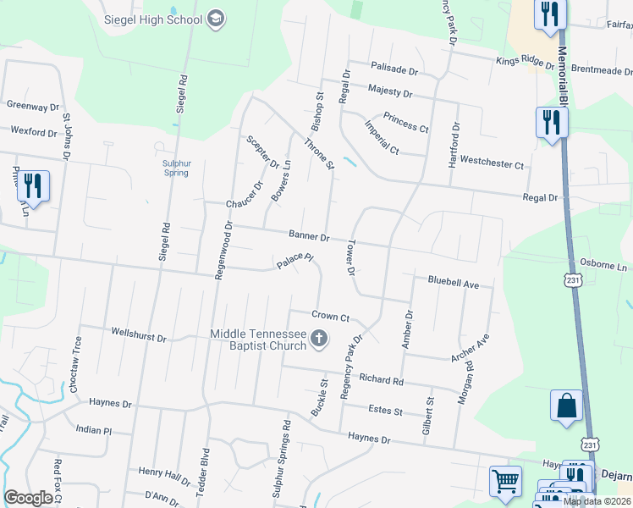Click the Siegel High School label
[x=152, y=19]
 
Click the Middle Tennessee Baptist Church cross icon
[x=320, y=340]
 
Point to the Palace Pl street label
[x=295, y=262]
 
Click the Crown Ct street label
[x=330, y=316]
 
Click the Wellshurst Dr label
[x=139, y=337]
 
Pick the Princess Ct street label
[x=405, y=122]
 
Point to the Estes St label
[x=385, y=411]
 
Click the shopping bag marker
[x=566, y=406]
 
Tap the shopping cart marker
[x=505, y=482]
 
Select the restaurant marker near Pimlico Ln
[x=33, y=187]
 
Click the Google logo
[x=28, y=498]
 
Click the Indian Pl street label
[x=93, y=430]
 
